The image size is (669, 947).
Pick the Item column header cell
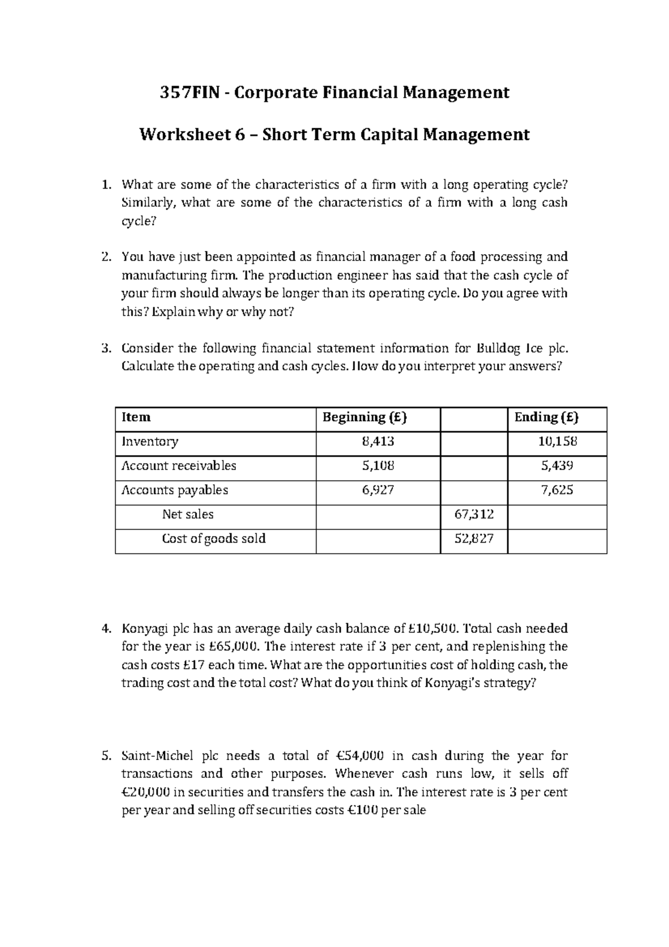(136, 417)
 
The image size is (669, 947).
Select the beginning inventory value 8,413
(378, 442)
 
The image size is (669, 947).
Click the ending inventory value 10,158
(557, 442)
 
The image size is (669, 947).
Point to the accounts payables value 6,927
(378, 490)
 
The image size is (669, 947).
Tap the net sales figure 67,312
(474, 514)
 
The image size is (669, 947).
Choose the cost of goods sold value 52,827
(474, 539)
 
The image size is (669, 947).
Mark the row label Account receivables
(179, 466)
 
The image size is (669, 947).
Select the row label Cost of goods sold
(214, 539)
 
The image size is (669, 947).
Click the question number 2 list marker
(106, 257)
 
